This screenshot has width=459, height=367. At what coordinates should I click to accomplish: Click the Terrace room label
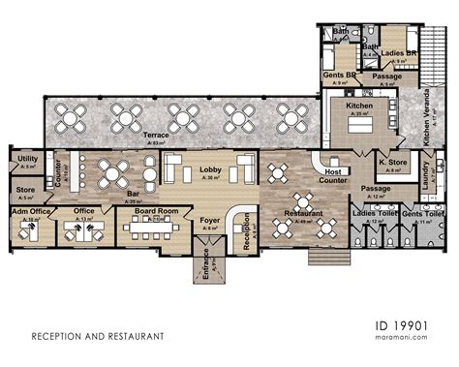click(156, 136)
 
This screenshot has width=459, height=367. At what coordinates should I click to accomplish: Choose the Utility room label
click(27, 158)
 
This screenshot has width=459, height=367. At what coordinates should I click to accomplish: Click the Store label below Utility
click(25, 191)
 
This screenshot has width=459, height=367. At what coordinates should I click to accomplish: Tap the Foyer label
click(209, 221)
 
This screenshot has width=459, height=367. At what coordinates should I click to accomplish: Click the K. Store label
click(392, 162)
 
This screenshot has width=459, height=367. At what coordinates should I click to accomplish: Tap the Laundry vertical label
click(426, 177)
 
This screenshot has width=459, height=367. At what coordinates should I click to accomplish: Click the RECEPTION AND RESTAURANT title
click(98, 337)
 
